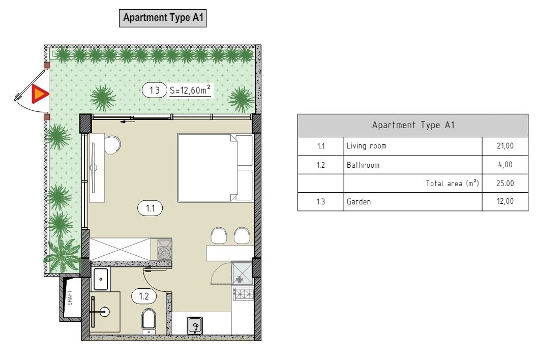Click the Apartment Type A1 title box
(163, 18)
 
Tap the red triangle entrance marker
(39, 94)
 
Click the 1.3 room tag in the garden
(155, 91)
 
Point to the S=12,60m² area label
(190, 91)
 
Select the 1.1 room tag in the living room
(150, 208)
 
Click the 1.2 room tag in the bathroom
(144, 296)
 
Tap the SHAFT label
(70, 298)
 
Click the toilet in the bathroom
(148, 321)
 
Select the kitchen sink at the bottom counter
(195, 325)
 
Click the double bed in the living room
(215, 167)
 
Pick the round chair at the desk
(112, 145)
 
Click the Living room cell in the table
(367, 146)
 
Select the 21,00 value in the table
(505, 146)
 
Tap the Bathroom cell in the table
(363, 165)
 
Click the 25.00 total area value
(505, 183)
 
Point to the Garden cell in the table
(359, 202)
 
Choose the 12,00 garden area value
(505, 201)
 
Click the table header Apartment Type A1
(413, 125)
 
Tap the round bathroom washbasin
(104, 312)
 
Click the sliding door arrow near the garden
(127, 121)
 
